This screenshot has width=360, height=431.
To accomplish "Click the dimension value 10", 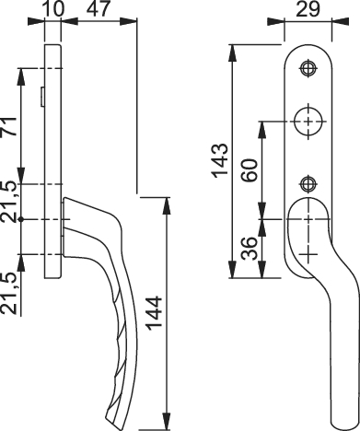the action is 54,9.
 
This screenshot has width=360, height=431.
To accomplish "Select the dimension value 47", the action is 98,9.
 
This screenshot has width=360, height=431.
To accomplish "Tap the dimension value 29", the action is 308,9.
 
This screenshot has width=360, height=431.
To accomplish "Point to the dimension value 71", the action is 8,126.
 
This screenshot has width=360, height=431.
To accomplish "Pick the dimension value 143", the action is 221,160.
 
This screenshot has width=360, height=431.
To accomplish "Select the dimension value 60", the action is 250,170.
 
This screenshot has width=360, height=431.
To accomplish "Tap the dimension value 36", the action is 249,249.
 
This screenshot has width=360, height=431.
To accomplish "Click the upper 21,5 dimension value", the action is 8,202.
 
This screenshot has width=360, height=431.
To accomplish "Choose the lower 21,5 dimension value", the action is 8,294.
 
